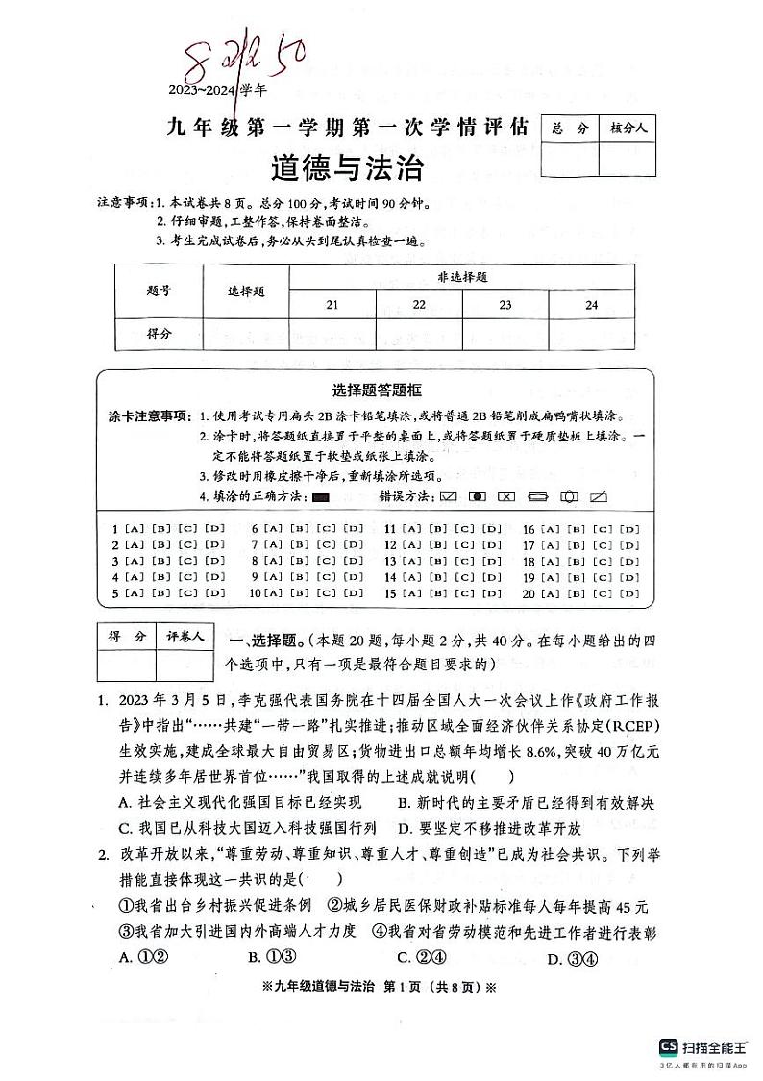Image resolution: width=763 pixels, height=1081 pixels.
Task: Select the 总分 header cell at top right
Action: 569,127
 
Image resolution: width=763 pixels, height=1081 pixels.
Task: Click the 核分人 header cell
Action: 628,127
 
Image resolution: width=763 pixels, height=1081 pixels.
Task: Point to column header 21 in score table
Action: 332,305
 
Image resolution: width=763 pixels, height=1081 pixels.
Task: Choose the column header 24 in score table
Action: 591,305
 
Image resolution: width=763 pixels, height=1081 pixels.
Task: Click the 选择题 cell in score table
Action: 245,291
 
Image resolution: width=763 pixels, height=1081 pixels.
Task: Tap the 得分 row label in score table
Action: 159,333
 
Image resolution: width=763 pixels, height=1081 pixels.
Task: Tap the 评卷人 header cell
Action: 185,637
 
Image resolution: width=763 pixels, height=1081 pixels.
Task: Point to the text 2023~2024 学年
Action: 218,89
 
